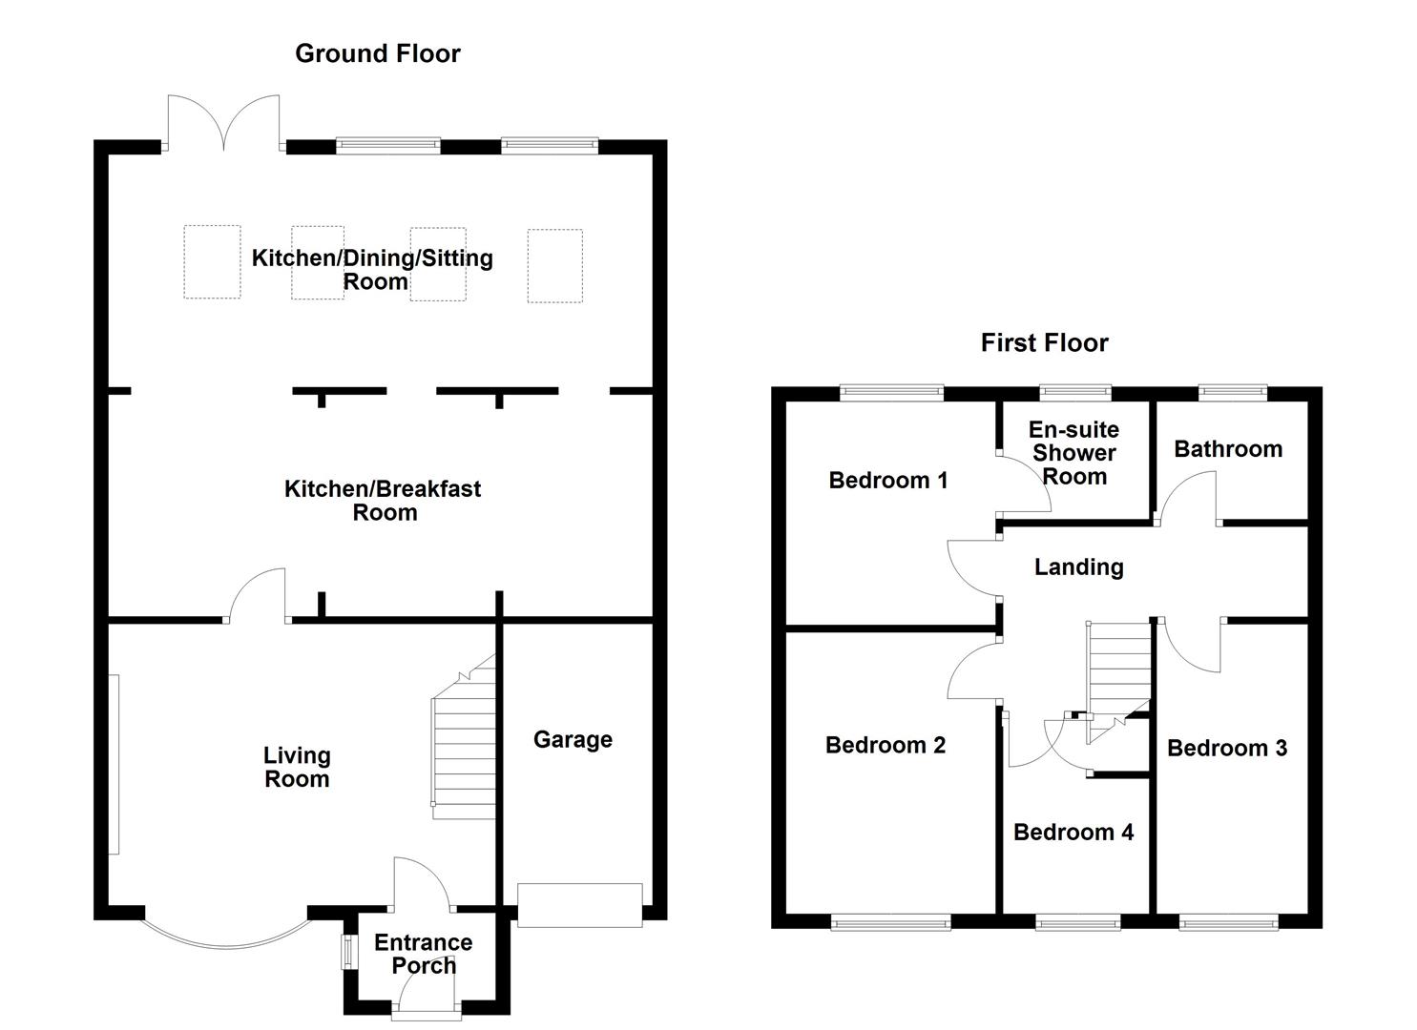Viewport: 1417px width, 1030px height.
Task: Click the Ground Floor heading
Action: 378,53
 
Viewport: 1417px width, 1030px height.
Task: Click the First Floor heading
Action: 1045,342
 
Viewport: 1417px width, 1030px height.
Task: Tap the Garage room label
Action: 573,740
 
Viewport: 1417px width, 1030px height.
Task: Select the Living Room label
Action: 297,767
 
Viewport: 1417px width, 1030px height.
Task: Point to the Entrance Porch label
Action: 424,954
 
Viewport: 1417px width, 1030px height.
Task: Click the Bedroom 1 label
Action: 888,481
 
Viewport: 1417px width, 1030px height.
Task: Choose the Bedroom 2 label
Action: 885,746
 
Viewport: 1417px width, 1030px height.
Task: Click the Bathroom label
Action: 1228,449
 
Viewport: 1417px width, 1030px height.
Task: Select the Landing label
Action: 1078,567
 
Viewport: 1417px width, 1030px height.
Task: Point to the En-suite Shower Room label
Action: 1073,453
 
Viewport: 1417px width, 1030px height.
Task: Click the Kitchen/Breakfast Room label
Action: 383,501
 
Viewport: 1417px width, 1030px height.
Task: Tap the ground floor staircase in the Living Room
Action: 464,737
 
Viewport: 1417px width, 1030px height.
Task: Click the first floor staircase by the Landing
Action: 1118,683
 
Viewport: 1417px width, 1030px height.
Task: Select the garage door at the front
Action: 579,905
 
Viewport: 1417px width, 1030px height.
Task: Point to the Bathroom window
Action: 1232,393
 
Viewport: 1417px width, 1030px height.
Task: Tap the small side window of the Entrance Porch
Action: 348,951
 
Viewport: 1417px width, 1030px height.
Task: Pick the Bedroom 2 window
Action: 890,924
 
